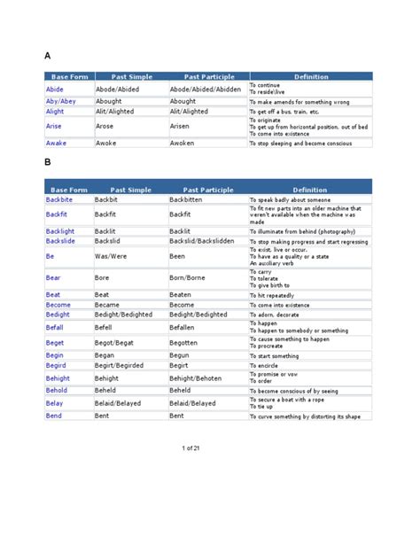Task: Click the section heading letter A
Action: click(48, 56)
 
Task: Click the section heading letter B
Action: click(48, 163)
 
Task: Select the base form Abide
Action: click(55, 89)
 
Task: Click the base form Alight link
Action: click(55, 112)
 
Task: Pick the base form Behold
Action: click(57, 390)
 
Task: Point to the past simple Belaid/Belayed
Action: click(121, 402)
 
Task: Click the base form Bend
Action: click(53, 416)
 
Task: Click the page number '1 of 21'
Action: click(192, 448)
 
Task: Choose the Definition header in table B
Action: click(310, 190)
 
